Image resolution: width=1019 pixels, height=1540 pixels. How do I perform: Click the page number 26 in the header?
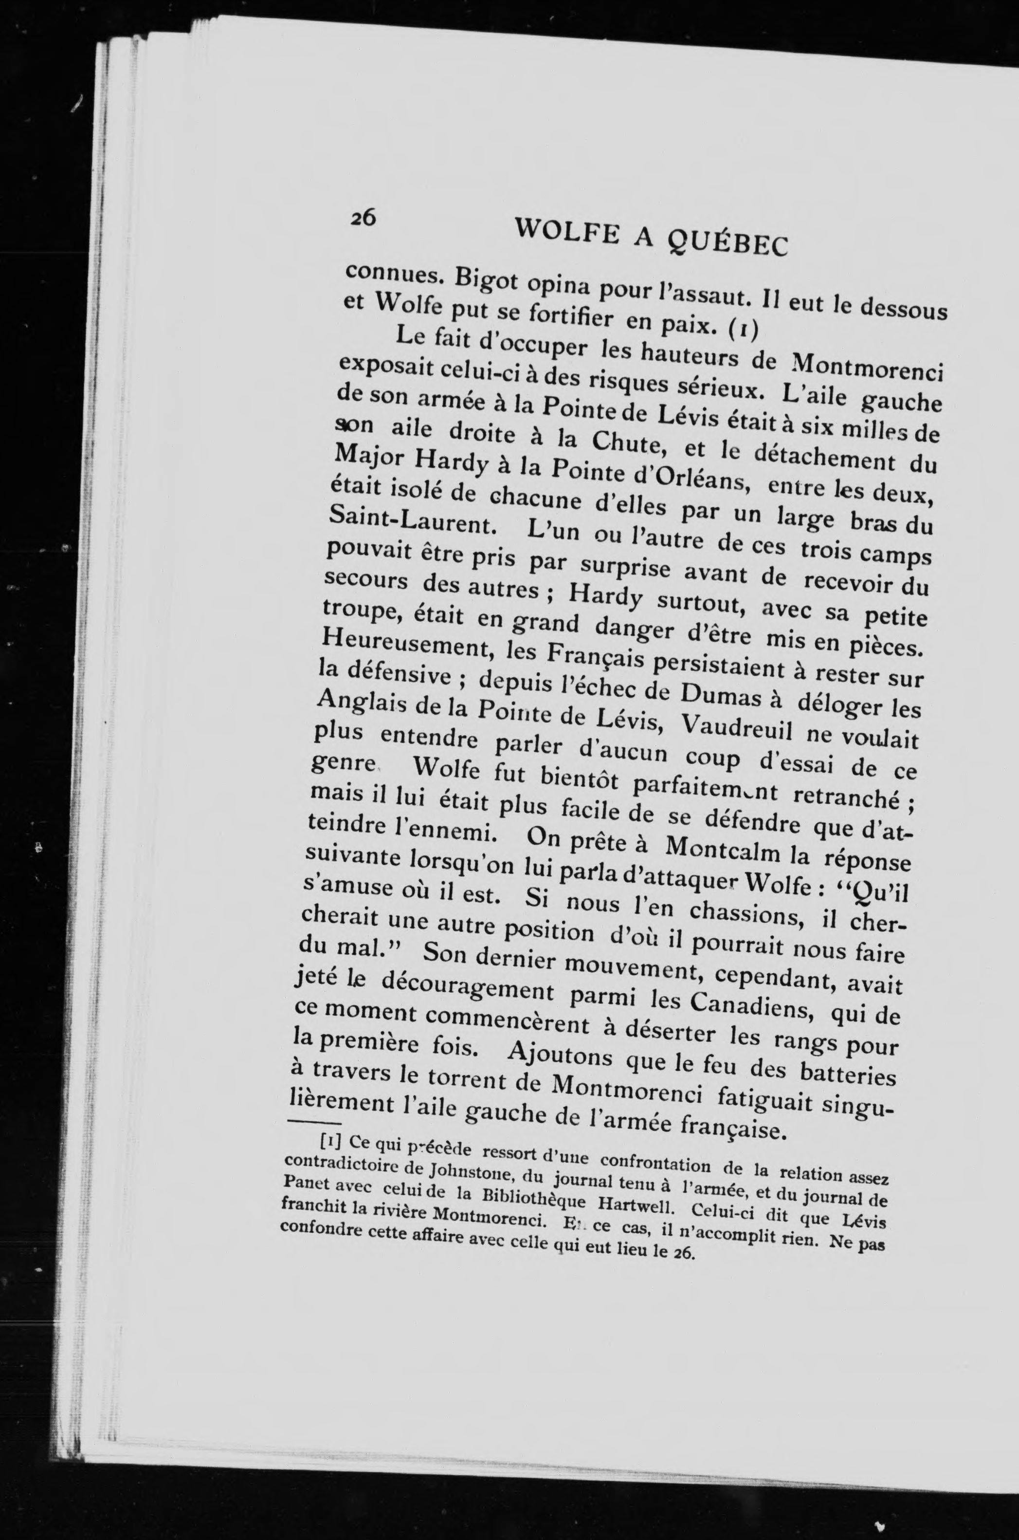363,219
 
